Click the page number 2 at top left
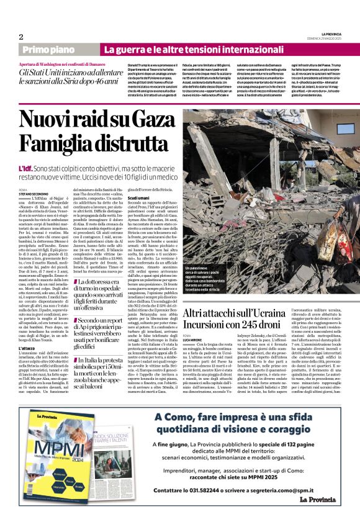(21, 37)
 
